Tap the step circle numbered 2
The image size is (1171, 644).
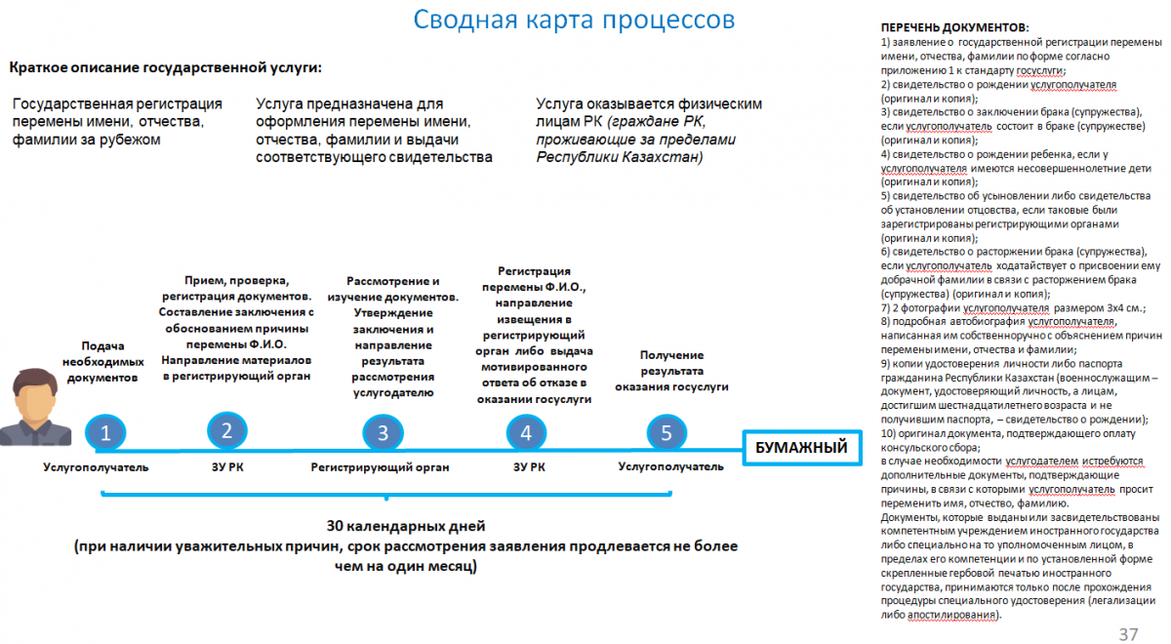pyautogui.click(x=227, y=430)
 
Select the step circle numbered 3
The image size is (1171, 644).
pyautogui.click(x=384, y=433)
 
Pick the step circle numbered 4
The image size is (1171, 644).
pyautogui.click(x=527, y=433)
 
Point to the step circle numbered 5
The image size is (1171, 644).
pyautogui.click(x=666, y=432)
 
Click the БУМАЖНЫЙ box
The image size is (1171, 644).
pyautogui.click(x=803, y=448)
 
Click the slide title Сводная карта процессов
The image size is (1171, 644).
pyautogui.click(x=574, y=20)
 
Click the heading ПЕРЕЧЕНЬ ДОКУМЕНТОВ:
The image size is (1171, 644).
pyautogui.click(x=954, y=28)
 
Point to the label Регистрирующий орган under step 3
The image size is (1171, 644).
pyautogui.click(x=380, y=467)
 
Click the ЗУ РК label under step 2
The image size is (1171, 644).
pyautogui.click(x=227, y=467)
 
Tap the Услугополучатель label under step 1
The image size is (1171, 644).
pyautogui.click(x=96, y=467)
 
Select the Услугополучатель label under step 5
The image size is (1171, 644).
pyautogui.click(x=670, y=466)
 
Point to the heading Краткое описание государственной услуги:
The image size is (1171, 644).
pyautogui.click(x=165, y=67)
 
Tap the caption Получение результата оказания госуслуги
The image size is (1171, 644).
pyautogui.click(x=671, y=372)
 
